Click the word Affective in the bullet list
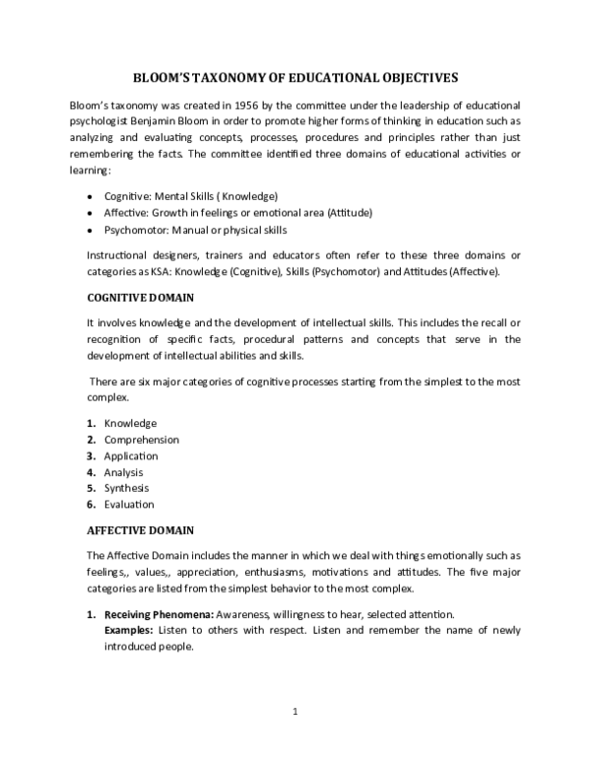pyautogui.click(x=126, y=212)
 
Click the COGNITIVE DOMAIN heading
pyautogui.click(x=141, y=297)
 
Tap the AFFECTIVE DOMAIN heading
pyautogui.click(x=140, y=529)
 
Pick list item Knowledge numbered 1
pyautogui.click(x=124, y=423)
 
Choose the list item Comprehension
pyautogui.click(x=141, y=440)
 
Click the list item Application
pyautogui.click(x=130, y=455)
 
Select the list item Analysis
pyautogui.click(x=123, y=472)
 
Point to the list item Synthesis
pyautogui.click(x=126, y=488)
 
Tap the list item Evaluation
pyautogui.click(x=127, y=504)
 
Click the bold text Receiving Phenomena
pyautogui.click(x=153, y=615)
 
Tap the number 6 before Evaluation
pyautogui.click(x=90, y=504)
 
